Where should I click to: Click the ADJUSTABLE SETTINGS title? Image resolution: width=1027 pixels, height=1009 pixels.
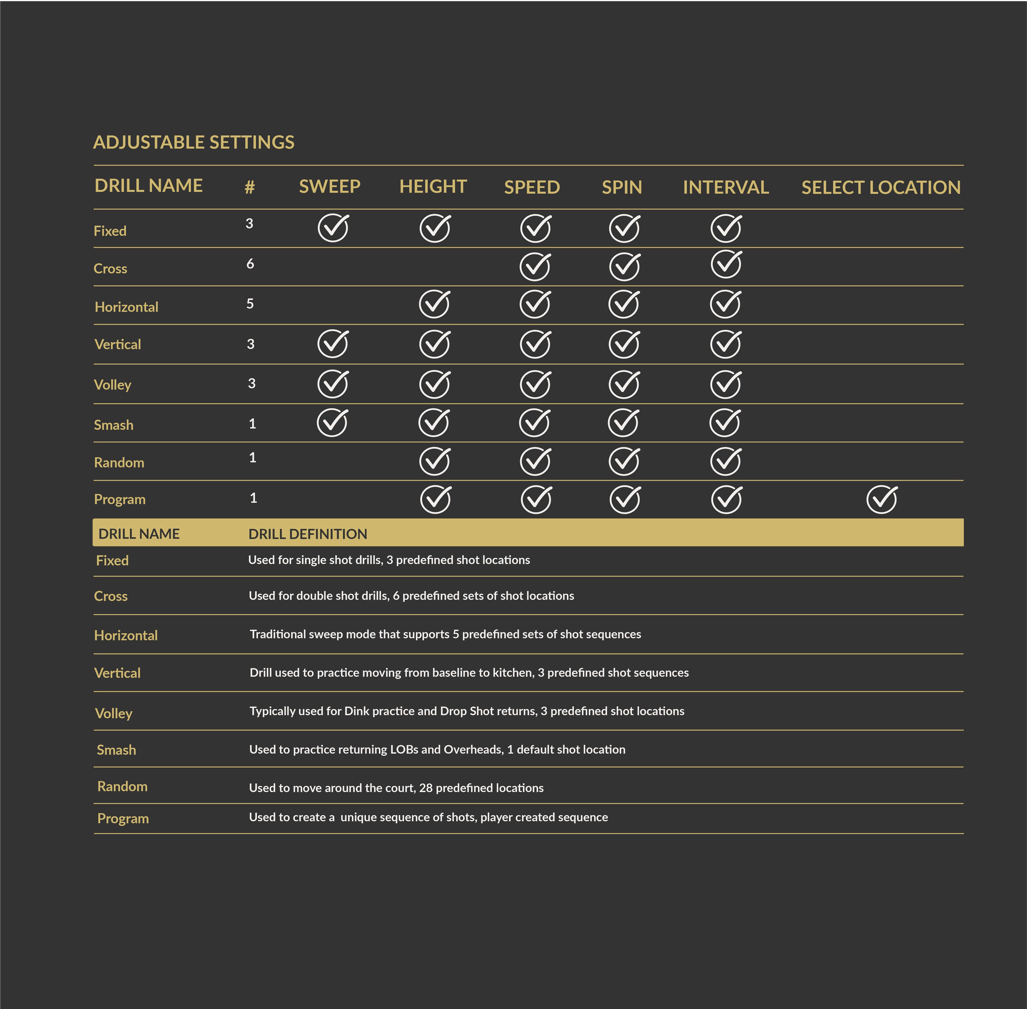pos(193,142)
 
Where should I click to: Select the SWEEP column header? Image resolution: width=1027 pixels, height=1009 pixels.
pos(330,187)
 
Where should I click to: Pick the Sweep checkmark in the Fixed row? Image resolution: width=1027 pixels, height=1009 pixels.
pos(333,228)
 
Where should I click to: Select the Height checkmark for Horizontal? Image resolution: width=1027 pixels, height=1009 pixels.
pos(434,304)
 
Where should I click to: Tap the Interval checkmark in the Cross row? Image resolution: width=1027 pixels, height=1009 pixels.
pos(726,264)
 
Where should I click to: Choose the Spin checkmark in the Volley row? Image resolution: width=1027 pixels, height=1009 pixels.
pos(624,384)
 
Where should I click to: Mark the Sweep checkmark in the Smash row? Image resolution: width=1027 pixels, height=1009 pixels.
pos(332,423)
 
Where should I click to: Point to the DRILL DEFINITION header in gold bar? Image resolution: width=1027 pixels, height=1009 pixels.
pos(307,534)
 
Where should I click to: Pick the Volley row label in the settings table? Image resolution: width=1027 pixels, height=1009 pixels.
pos(112,385)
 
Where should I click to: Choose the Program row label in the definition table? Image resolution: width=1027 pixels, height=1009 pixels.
pos(123,819)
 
